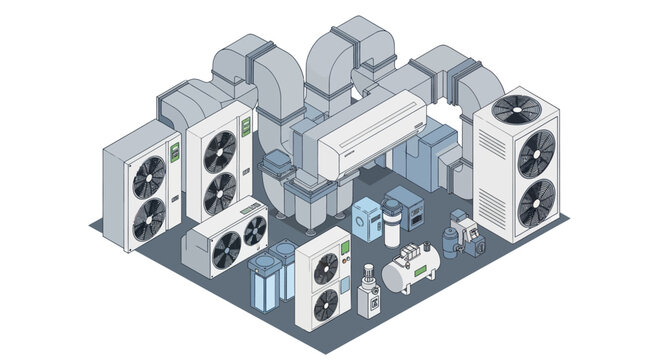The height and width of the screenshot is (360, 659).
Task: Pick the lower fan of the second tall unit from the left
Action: click(x=220, y=193)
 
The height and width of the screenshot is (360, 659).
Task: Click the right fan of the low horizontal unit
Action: click(x=256, y=231)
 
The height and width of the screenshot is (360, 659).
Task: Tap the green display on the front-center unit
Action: click(x=343, y=247)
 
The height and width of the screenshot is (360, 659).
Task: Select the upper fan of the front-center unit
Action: click(x=326, y=268)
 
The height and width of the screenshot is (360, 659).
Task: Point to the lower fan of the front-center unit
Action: click(x=326, y=304)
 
